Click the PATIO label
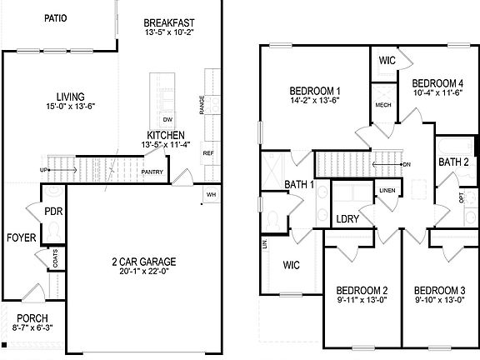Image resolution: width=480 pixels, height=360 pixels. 56,17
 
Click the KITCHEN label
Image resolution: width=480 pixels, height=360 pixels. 166,135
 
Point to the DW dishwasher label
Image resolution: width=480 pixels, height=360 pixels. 167,120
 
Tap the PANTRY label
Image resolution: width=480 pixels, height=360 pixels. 152,172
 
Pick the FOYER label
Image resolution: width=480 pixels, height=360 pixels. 22,238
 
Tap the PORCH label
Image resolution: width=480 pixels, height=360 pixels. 32,318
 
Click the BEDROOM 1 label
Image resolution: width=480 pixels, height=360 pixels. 314,91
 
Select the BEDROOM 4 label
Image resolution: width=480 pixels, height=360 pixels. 437,83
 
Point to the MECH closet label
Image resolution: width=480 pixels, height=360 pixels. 383,106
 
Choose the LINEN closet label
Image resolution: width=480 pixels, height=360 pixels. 387,191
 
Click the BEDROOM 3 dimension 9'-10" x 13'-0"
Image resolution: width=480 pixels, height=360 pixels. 439,301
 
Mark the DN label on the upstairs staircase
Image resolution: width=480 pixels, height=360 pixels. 406,164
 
